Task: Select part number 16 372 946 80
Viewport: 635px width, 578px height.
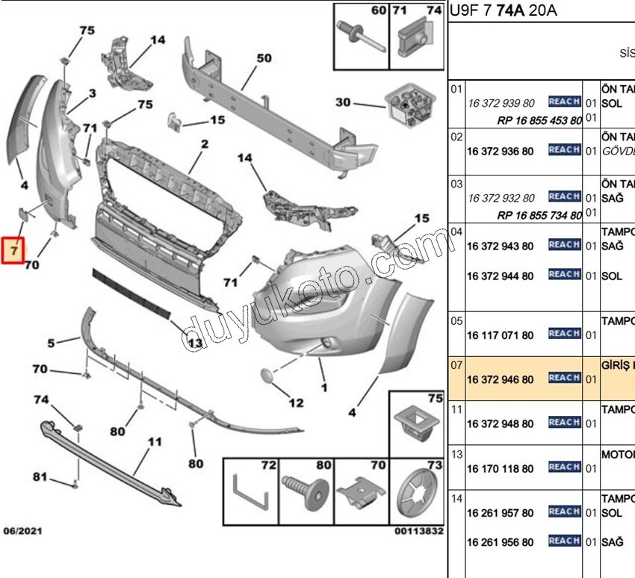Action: [x=500, y=379]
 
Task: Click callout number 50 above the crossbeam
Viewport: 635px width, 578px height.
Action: [x=264, y=58]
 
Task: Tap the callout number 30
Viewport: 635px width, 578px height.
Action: [x=343, y=102]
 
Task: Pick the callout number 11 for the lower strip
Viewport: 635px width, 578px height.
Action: [x=154, y=442]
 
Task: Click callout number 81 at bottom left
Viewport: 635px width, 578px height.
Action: [x=40, y=476]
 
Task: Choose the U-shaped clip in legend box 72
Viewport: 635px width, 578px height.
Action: [x=250, y=492]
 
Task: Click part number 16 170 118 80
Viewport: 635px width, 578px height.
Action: [x=500, y=469]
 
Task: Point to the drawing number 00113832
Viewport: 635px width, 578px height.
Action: [x=418, y=532]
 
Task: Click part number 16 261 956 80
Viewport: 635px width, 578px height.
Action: [x=500, y=542]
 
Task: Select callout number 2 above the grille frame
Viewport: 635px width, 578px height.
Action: [x=204, y=143]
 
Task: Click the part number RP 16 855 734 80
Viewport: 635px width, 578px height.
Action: [x=539, y=216]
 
